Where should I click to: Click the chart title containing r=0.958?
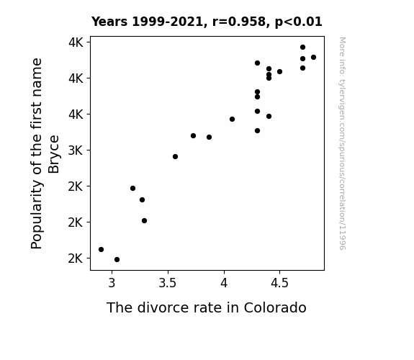coord(207,22)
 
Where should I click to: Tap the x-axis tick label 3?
coord(112,283)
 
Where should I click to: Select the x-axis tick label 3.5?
coord(168,283)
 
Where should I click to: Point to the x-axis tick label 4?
coord(224,283)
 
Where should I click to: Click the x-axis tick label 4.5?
coord(279,283)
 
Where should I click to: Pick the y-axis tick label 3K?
coord(76,150)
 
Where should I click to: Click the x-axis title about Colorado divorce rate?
coord(207,307)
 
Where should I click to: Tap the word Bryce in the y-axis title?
coord(54,154)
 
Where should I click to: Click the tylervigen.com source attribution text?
coord(343,143)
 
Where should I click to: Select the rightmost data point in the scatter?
coord(313,58)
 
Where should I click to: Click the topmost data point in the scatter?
coord(302,48)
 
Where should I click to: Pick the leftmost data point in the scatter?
coord(101,249)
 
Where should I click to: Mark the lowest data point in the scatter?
coord(117,260)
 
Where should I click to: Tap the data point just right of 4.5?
coord(279,71)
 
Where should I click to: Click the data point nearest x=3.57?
coord(175,157)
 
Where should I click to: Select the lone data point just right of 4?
coord(232,119)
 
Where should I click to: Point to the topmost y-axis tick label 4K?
coord(76,42)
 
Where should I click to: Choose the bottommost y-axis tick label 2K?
coord(76,258)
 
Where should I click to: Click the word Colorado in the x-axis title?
coord(275,307)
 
